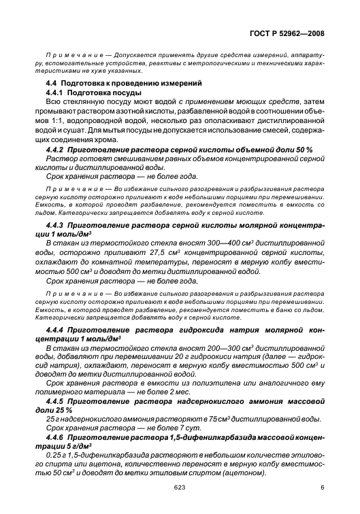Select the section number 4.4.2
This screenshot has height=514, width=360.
(56, 148)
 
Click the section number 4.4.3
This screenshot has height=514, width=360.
(56, 222)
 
